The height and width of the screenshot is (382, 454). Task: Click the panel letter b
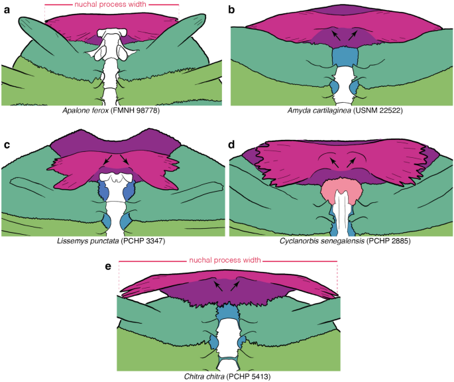232,9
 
